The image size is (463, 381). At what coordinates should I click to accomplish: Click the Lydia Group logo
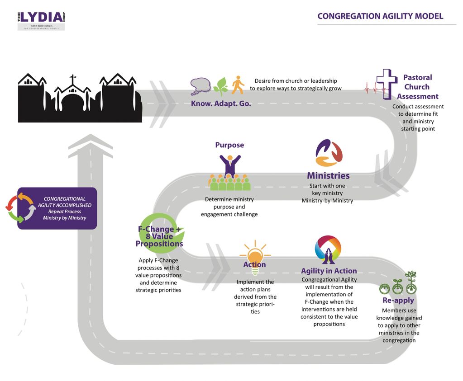tap(41, 21)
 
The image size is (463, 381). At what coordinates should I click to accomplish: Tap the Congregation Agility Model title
tap(380, 16)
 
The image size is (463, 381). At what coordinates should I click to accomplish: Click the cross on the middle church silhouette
tap(72, 81)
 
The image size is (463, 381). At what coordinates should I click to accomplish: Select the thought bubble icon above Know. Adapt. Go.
tap(200, 85)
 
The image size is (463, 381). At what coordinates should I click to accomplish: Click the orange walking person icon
tap(238, 85)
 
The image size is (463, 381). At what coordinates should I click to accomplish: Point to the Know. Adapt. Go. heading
tap(221, 103)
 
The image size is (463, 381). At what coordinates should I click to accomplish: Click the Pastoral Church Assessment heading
tap(417, 87)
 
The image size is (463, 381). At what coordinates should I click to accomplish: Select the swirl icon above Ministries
tap(329, 153)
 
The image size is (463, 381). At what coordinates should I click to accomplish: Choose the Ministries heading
tap(328, 175)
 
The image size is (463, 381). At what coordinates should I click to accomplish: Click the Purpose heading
tap(229, 145)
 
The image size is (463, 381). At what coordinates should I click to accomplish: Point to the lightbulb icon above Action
tap(254, 253)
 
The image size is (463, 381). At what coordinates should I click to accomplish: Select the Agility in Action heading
tap(329, 271)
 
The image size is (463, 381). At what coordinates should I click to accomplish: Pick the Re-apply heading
tap(398, 301)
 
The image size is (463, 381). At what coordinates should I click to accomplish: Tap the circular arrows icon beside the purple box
tap(20, 208)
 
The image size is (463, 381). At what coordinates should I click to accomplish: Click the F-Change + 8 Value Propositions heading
tap(159, 236)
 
